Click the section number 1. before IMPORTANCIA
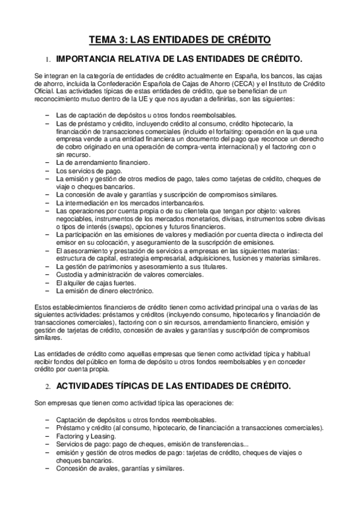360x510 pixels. [48, 60]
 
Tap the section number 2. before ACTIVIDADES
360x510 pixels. [47, 384]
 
